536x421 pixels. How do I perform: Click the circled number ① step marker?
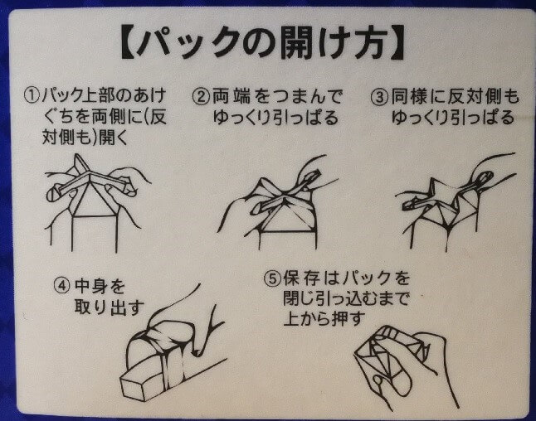coord(32,95)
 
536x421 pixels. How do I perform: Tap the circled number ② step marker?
coord(201,97)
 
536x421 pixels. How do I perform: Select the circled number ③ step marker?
coord(379,97)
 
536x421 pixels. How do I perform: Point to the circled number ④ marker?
coord(62,285)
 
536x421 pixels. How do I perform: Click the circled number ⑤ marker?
coord(272,278)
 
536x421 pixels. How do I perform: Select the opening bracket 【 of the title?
coord(130,43)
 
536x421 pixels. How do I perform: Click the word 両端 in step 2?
coord(231,97)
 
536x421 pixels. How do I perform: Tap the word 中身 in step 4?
coord(90,286)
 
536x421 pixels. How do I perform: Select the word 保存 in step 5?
coord(301,278)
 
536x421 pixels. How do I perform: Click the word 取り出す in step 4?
coord(109,307)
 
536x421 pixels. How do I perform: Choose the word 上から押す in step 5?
coord(324,318)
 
